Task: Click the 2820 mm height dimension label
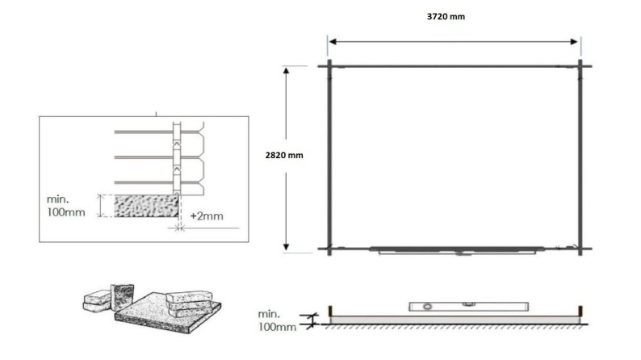coord(284,154)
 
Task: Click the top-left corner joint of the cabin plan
coord(329,65)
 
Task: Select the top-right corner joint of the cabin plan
coord(580,65)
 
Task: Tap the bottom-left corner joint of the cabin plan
coord(329,249)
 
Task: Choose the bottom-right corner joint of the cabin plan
coord(580,249)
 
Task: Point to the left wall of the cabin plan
coord(329,157)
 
